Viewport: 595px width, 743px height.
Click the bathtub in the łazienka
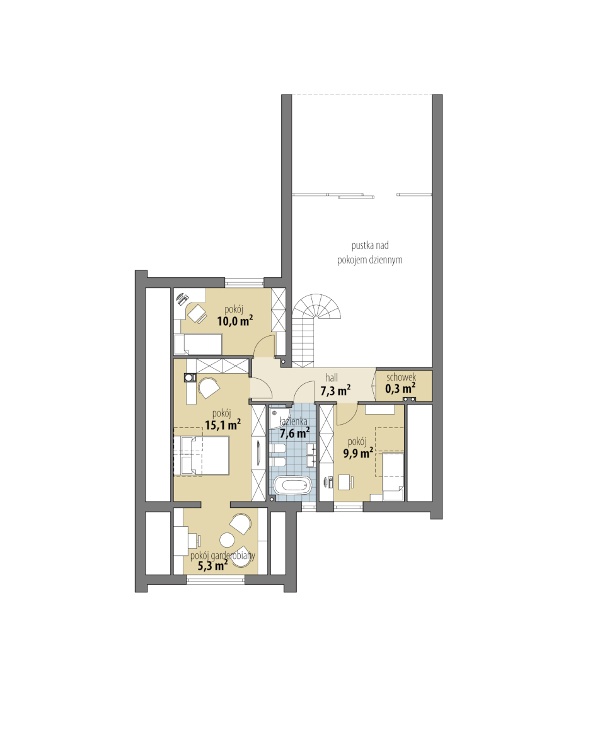(293, 485)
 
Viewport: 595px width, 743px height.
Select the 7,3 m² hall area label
(335, 391)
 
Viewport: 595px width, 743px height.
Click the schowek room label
(401, 377)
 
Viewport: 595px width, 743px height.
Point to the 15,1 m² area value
(222, 425)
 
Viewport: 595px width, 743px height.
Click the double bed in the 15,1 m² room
(201, 456)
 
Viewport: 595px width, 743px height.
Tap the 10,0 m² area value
(234, 321)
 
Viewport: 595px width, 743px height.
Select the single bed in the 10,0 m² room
(198, 344)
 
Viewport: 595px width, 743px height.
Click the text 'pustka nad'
(370, 245)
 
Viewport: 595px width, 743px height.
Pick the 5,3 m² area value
(212, 565)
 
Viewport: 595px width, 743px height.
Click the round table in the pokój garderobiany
(227, 539)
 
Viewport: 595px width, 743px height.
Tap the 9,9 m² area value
(358, 454)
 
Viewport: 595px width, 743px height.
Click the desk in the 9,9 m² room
(345, 482)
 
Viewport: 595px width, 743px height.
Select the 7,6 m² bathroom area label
(294, 433)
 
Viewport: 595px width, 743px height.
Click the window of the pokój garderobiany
(216, 579)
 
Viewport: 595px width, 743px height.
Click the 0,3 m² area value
(400, 389)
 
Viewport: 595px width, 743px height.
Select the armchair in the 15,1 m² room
(208, 388)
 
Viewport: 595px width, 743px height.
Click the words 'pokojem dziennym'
(370, 260)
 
